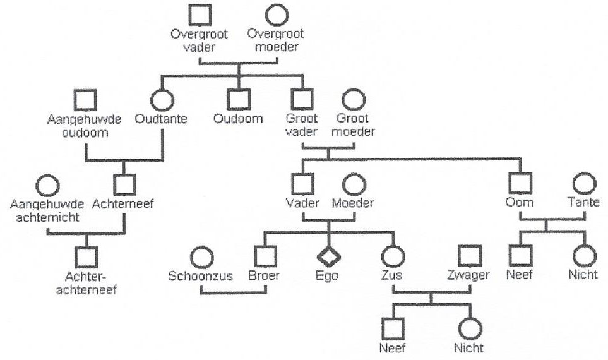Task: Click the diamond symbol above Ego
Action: [328, 257]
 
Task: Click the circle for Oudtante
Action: [162, 99]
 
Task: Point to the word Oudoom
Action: [237, 119]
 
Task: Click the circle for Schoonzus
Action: [201, 257]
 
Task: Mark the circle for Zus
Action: [392, 257]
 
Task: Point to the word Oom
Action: [519, 203]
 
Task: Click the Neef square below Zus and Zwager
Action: [392, 328]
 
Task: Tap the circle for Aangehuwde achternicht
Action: [48, 184]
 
